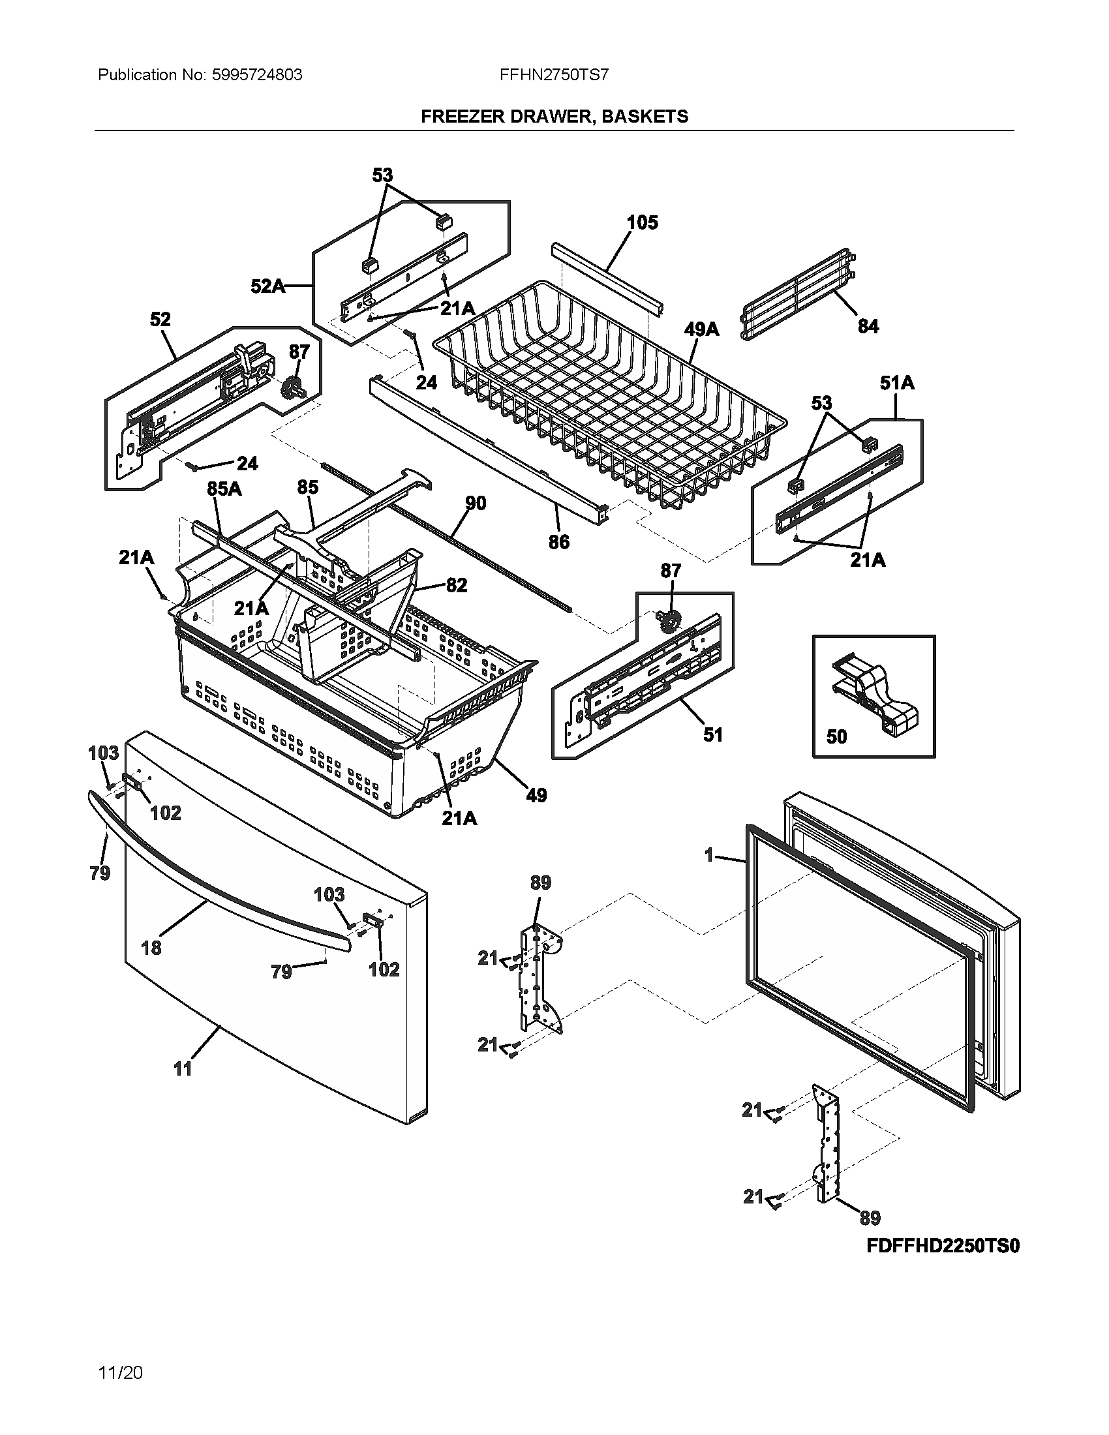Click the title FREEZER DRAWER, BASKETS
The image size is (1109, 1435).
point(554,116)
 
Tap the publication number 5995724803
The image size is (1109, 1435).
point(257,75)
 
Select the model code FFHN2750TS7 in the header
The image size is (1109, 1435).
point(554,75)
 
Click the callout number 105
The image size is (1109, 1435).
point(642,222)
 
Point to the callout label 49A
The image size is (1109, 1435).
point(701,329)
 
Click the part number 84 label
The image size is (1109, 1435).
point(868,326)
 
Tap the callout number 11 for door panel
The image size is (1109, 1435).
point(183,1069)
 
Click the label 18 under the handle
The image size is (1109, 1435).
point(151,948)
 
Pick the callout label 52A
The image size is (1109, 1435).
point(268,286)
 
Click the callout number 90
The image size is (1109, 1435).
point(476,504)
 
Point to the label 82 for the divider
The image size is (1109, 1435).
point(456,585)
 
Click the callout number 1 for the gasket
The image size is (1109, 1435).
point(708,856)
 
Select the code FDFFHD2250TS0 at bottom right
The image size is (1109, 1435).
point(943,1246)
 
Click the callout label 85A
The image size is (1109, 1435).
point(224,489)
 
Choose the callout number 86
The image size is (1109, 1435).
point(558,542)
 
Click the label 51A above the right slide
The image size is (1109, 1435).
point(897,382)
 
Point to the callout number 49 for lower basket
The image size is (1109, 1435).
point(536,795)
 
